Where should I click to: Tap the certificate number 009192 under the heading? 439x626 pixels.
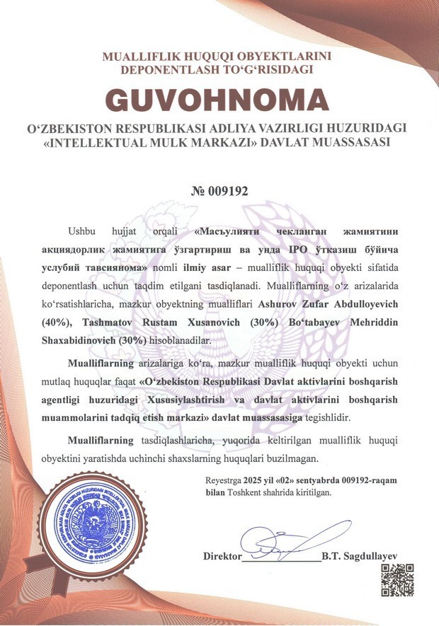pos(227,191)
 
